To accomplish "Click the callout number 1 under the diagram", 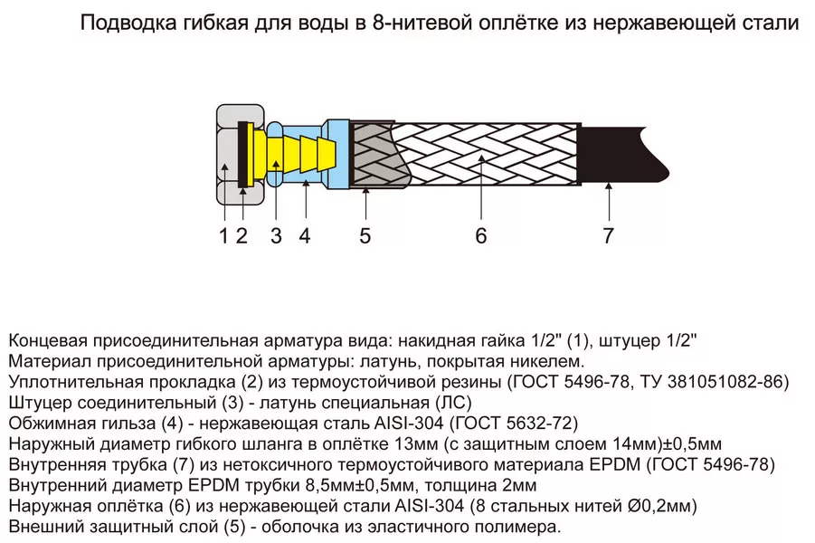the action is tap(224, 235).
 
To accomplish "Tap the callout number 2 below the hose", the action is tap(242, 235).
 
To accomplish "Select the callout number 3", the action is tap(276, 235).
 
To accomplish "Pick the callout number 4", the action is tap(305, 235).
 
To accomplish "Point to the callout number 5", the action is tap(365, 235).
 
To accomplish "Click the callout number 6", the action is tap(481, 235).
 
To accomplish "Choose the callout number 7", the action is tap(608, 235).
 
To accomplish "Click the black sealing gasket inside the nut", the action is tap(242, 155).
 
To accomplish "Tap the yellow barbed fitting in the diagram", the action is tap(291, 155).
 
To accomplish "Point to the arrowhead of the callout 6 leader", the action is tap(482, 158).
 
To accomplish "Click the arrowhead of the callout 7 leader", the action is tap(609, 186).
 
